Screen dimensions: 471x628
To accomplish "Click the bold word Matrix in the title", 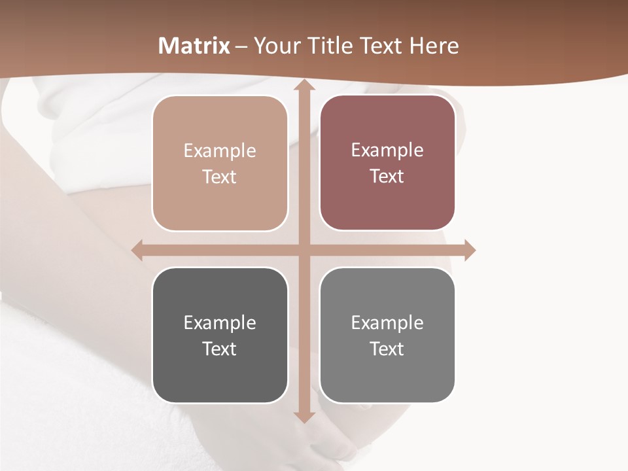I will click(194, 46).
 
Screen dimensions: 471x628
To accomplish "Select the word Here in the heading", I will click(434, 46).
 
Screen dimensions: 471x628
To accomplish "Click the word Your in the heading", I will click(275, 46).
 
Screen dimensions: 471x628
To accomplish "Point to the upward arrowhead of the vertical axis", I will click(304, 86).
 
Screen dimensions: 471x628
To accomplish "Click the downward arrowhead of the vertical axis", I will click(304, 417).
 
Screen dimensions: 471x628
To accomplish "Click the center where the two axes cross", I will click(304, 250).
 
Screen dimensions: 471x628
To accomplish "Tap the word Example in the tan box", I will click(220, 151).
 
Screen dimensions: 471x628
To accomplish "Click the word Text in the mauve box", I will click(387, 177).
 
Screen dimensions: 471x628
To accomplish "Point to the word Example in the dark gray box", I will click(220, 323).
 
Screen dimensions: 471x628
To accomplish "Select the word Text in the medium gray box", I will click(387, 349).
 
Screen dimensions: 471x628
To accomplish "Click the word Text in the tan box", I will click(220, 177).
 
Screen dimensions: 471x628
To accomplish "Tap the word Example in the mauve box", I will click(387, 150).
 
